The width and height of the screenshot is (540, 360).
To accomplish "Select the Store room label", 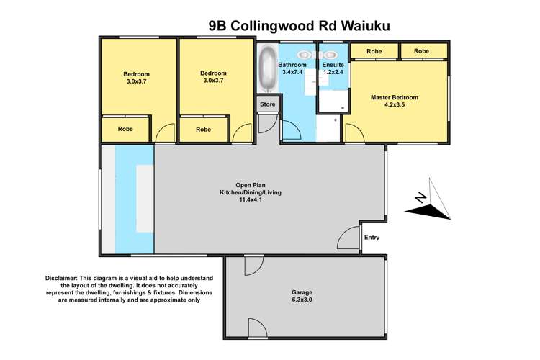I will tap(267, 105).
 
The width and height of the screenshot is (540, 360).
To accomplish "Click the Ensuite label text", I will tap(332, 65).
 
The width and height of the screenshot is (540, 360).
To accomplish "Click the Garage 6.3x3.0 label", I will tap(302, 297).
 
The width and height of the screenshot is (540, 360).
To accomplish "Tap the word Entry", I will tap(372, 238).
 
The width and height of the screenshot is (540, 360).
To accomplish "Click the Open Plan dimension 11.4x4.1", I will tap(247, 199).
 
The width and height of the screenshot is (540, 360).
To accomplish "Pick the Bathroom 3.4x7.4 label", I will tap(292, 69).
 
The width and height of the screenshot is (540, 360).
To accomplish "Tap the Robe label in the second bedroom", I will tap(204, 130).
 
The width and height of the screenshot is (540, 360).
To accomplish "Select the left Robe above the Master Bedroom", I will tap(374, 51).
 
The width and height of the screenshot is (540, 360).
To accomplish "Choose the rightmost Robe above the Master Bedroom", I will tap(421, 51).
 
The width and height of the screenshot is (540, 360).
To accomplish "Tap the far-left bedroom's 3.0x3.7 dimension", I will tap(136, 81).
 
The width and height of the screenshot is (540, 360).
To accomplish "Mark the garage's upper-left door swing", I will tap(253, 266).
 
